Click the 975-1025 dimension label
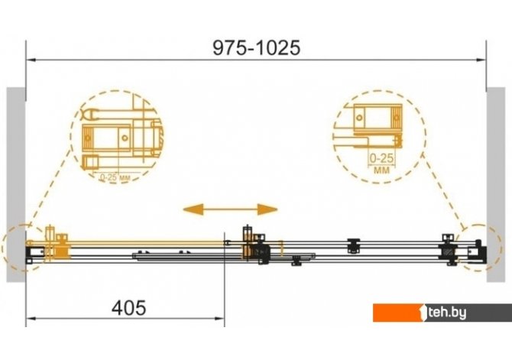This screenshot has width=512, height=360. point(256,47)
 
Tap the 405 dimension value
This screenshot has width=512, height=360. point(128,308)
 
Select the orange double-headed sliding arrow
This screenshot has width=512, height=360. point(230,209)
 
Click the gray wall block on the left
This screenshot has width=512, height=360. point(16,184)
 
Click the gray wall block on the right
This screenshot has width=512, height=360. point(496,184)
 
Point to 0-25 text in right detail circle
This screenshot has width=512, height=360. point(381,158)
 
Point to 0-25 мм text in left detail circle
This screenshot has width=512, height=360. point(115,177)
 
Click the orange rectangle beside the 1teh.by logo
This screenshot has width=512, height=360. point(397,313)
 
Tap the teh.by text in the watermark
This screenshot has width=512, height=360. point(447,313)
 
